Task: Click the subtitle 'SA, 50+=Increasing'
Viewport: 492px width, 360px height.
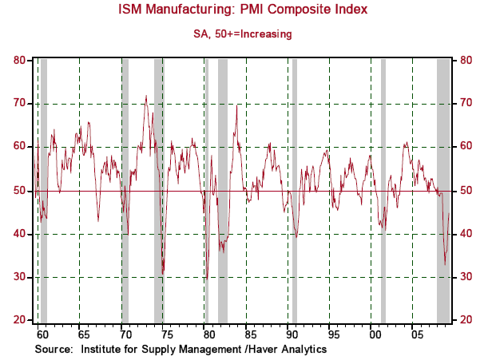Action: click(245, 34)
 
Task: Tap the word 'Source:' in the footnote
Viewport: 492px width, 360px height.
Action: click(54, 349)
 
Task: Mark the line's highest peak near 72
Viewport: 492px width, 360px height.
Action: click(145, 97)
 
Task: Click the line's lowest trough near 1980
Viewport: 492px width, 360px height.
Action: click(206, 279)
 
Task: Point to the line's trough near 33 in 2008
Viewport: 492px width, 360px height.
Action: click(445, 264)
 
